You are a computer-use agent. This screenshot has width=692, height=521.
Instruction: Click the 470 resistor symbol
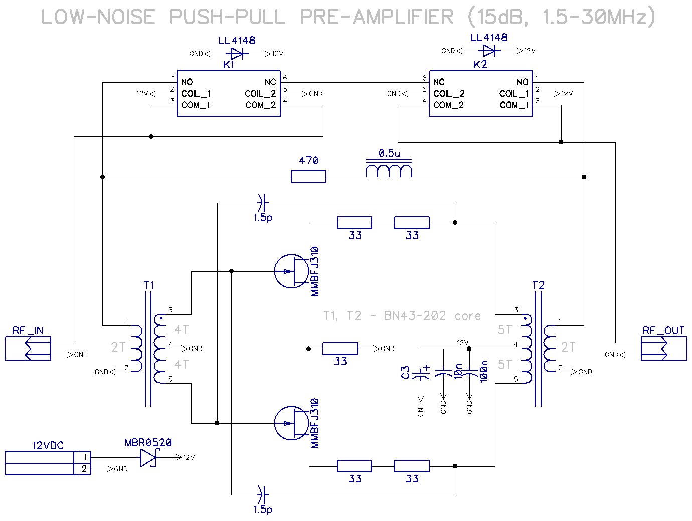tap(308, 177)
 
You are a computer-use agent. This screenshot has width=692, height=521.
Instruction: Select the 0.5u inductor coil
tap(389, 169)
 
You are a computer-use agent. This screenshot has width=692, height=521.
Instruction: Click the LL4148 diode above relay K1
tap(237, 54)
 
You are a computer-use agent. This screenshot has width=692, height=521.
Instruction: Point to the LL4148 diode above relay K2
tap(489, 51)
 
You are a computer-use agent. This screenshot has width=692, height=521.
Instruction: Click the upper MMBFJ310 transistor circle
tap(291, 271)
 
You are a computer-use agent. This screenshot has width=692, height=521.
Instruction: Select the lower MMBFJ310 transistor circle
tap(291, 423)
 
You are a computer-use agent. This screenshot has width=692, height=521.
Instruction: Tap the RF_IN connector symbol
tap(28, 349)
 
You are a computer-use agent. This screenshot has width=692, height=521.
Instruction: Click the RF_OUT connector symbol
tap(664, 349)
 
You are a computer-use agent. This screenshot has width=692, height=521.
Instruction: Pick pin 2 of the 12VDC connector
tap(84, 469)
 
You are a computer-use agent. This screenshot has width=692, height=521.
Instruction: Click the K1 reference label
tap(228, 65)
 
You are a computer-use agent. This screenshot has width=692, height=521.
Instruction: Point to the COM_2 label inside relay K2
tap(448, 105)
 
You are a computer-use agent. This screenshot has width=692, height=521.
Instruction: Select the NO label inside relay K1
tap(187, 82)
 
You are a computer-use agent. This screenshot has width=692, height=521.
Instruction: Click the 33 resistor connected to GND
tap(340, 349)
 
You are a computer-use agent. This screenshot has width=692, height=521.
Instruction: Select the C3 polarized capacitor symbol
tap(421, 373)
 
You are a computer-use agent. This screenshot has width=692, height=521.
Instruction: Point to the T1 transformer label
tap(149, 285)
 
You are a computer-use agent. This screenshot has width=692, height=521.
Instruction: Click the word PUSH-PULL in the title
tap(228, 17)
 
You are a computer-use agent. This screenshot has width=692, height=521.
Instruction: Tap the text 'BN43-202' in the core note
tap(415, 315)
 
